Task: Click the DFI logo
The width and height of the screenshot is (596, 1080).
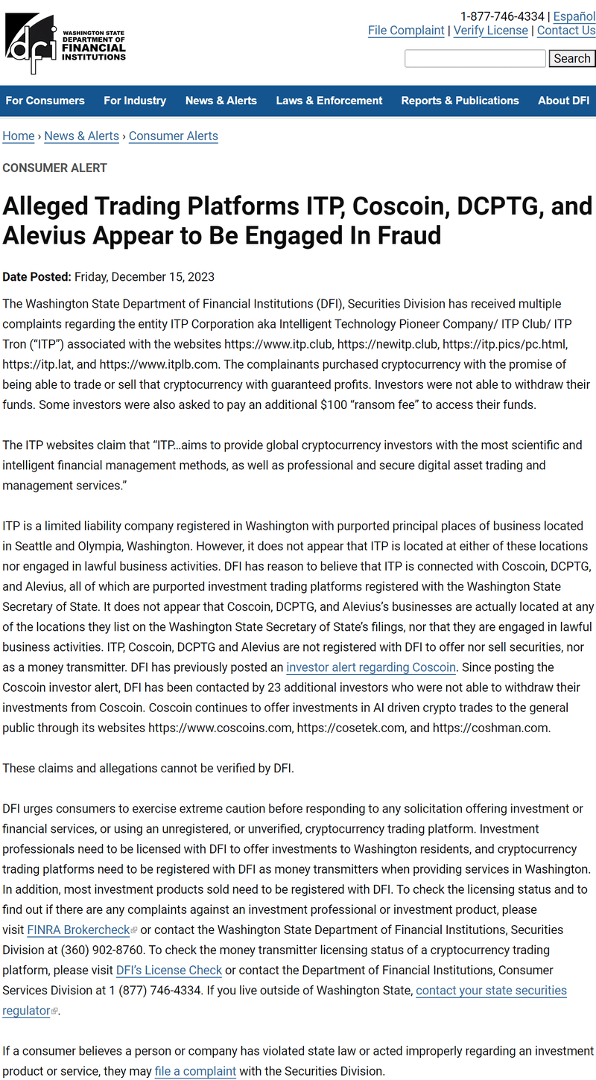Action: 65,43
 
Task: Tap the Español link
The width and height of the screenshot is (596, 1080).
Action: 574,16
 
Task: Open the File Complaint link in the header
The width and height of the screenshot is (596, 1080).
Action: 406,31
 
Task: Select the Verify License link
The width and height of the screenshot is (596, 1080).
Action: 490,31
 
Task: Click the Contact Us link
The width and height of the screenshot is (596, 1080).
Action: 566,31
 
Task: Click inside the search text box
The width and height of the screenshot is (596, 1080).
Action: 475,58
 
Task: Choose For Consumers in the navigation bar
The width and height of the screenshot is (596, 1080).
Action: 45,101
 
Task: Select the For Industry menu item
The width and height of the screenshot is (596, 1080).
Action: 135,101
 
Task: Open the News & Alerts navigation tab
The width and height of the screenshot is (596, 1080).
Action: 221,101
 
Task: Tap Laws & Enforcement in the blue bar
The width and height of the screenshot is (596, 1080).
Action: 329,101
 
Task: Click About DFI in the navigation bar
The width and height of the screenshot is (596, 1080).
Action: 563,101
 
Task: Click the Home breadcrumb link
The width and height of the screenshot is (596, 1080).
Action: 19,136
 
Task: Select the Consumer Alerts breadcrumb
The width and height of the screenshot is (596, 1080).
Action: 174,136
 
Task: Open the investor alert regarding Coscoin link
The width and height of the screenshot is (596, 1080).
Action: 371,667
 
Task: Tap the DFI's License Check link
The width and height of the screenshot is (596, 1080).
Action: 169,970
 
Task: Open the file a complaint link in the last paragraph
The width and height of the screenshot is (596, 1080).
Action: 195,1071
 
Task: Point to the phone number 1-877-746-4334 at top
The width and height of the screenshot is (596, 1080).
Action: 502,16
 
